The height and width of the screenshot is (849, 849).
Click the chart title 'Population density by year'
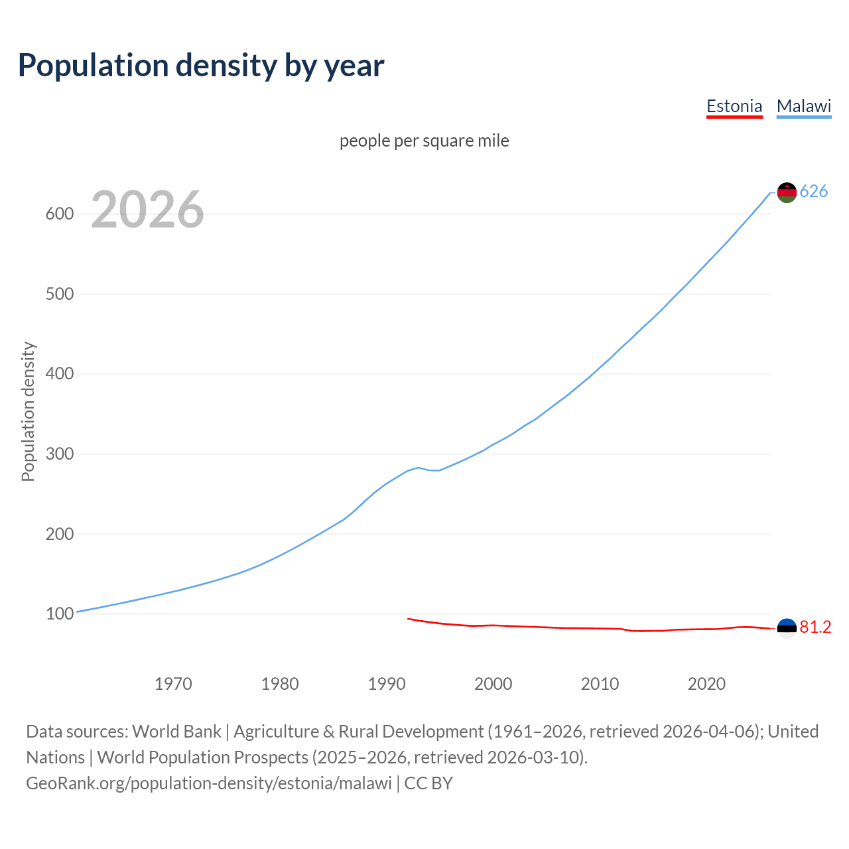pyautogui.click(x=201, y=65)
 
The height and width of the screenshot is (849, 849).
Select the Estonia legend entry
pyautogui.click(x=734, y=106)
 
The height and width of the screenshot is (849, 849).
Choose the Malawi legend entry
pyautogui.click(x=804, y=106)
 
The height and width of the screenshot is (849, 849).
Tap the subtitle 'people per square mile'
pyautogui.click(x=424, y=141)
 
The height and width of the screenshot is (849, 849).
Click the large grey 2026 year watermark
pyautogui.click(x=147, y=210)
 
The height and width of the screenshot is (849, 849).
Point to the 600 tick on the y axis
pyautogui.click(x=58, y=214)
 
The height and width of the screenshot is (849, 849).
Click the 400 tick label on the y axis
pyautogui.click(x=58, y=374)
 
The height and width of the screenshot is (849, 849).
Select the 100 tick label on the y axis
pyautogui.click(x=58, y=614)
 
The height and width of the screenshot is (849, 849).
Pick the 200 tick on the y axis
pyautogui.click(x=58, y=534)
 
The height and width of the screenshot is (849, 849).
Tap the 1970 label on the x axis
pyautogui.click(x=173, y=684)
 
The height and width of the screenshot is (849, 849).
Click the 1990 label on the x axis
pyautogui.click(x=387, y=684)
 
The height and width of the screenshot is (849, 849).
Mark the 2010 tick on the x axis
pyautogui.click(x=600, y=684)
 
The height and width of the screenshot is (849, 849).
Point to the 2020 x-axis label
pyautogui.click(x=706, y=684)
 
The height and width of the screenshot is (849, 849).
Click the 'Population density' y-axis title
pyautogui.click(x=28, y=411)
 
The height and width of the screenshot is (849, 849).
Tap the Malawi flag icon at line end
pyautogui.click(x=787, y=192)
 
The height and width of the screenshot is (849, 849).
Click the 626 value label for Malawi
pyautogui.click(x=814, y=192)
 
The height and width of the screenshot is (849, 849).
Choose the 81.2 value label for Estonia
pyautogui.click(x=815, y=627)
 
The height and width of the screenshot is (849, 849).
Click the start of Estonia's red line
pyautogui.click(x=409, y=619)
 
